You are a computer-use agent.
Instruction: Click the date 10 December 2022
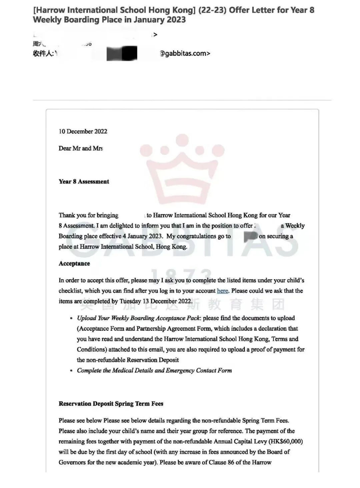(83, 131)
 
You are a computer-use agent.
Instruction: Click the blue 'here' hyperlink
(222, 291)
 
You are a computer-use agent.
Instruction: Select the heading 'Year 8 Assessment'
(84, 182)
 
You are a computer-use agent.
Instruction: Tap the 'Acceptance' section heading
(74, 264)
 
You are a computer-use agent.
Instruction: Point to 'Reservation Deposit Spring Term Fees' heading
(111, 404)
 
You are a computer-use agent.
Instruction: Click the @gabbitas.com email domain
(185, 53)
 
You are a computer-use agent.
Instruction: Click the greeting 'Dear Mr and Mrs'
(81, 148)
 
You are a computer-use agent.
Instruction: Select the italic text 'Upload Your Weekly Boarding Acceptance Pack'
(138, 318)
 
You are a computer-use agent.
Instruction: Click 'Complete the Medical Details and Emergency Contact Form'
(154, 371)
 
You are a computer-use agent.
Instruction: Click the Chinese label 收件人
(43, 53)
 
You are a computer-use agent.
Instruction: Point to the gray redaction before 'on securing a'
(251, 236)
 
